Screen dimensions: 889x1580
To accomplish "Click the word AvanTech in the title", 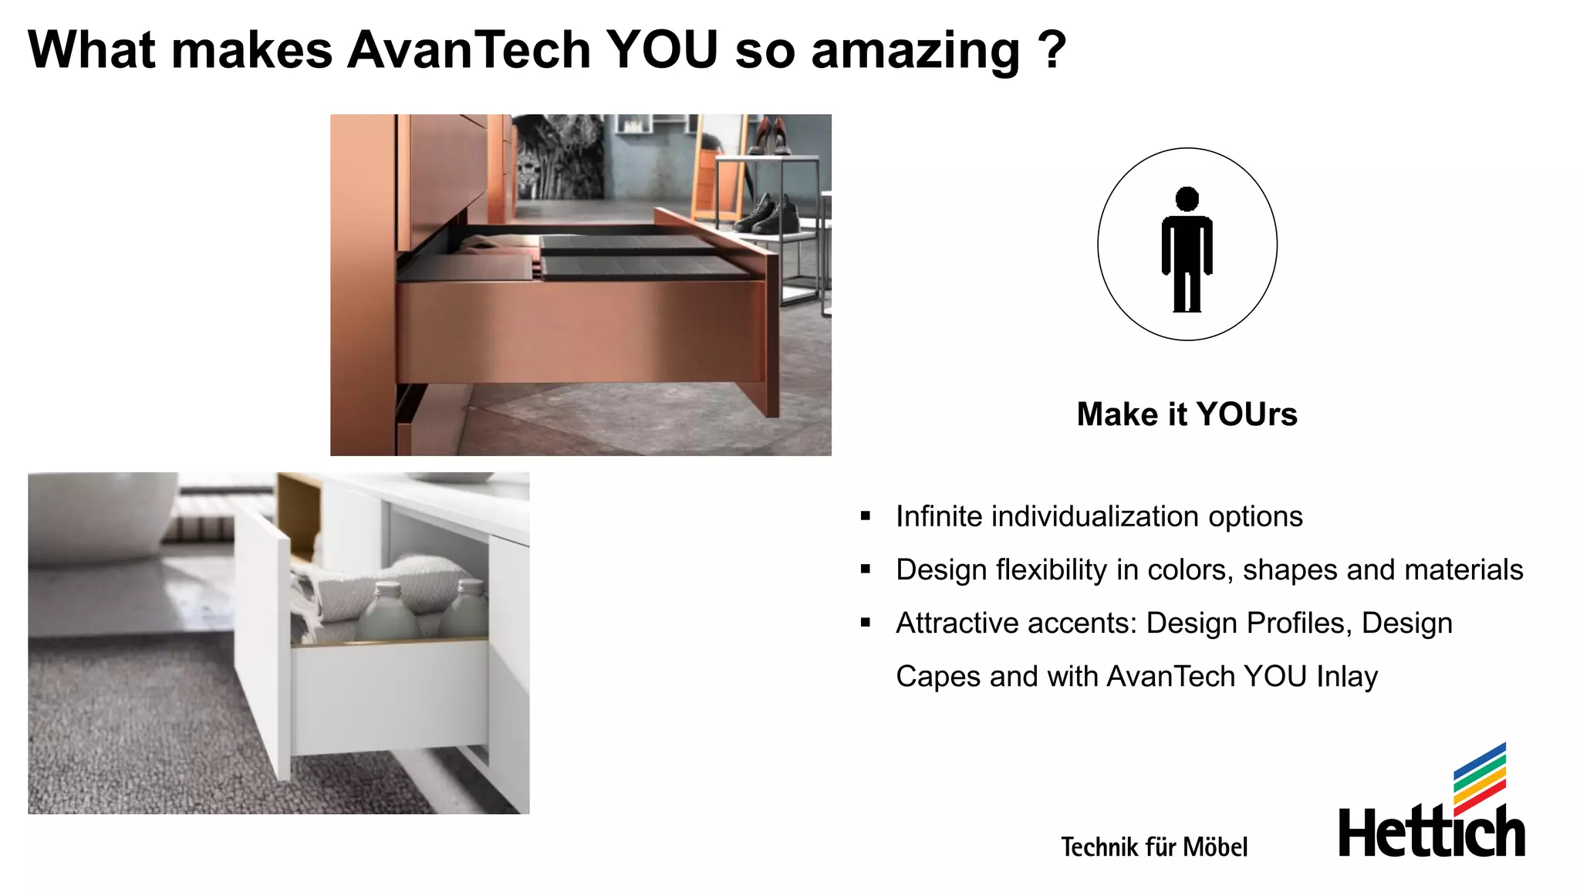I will [x=469, y=51].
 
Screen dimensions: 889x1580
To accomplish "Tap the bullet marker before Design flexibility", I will [x=866, y=570].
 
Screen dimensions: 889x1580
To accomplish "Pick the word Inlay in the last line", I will [x=1347, y=676].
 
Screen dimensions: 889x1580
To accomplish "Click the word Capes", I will [x=938, y=677].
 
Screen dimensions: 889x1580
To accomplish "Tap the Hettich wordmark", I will [x=1431, y=832].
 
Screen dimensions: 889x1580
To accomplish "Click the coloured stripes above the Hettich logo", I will [x=1480, y=778].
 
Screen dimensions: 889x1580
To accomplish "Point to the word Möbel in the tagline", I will [x=1215, y=847].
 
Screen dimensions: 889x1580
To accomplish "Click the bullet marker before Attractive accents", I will [x=866, y=623].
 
